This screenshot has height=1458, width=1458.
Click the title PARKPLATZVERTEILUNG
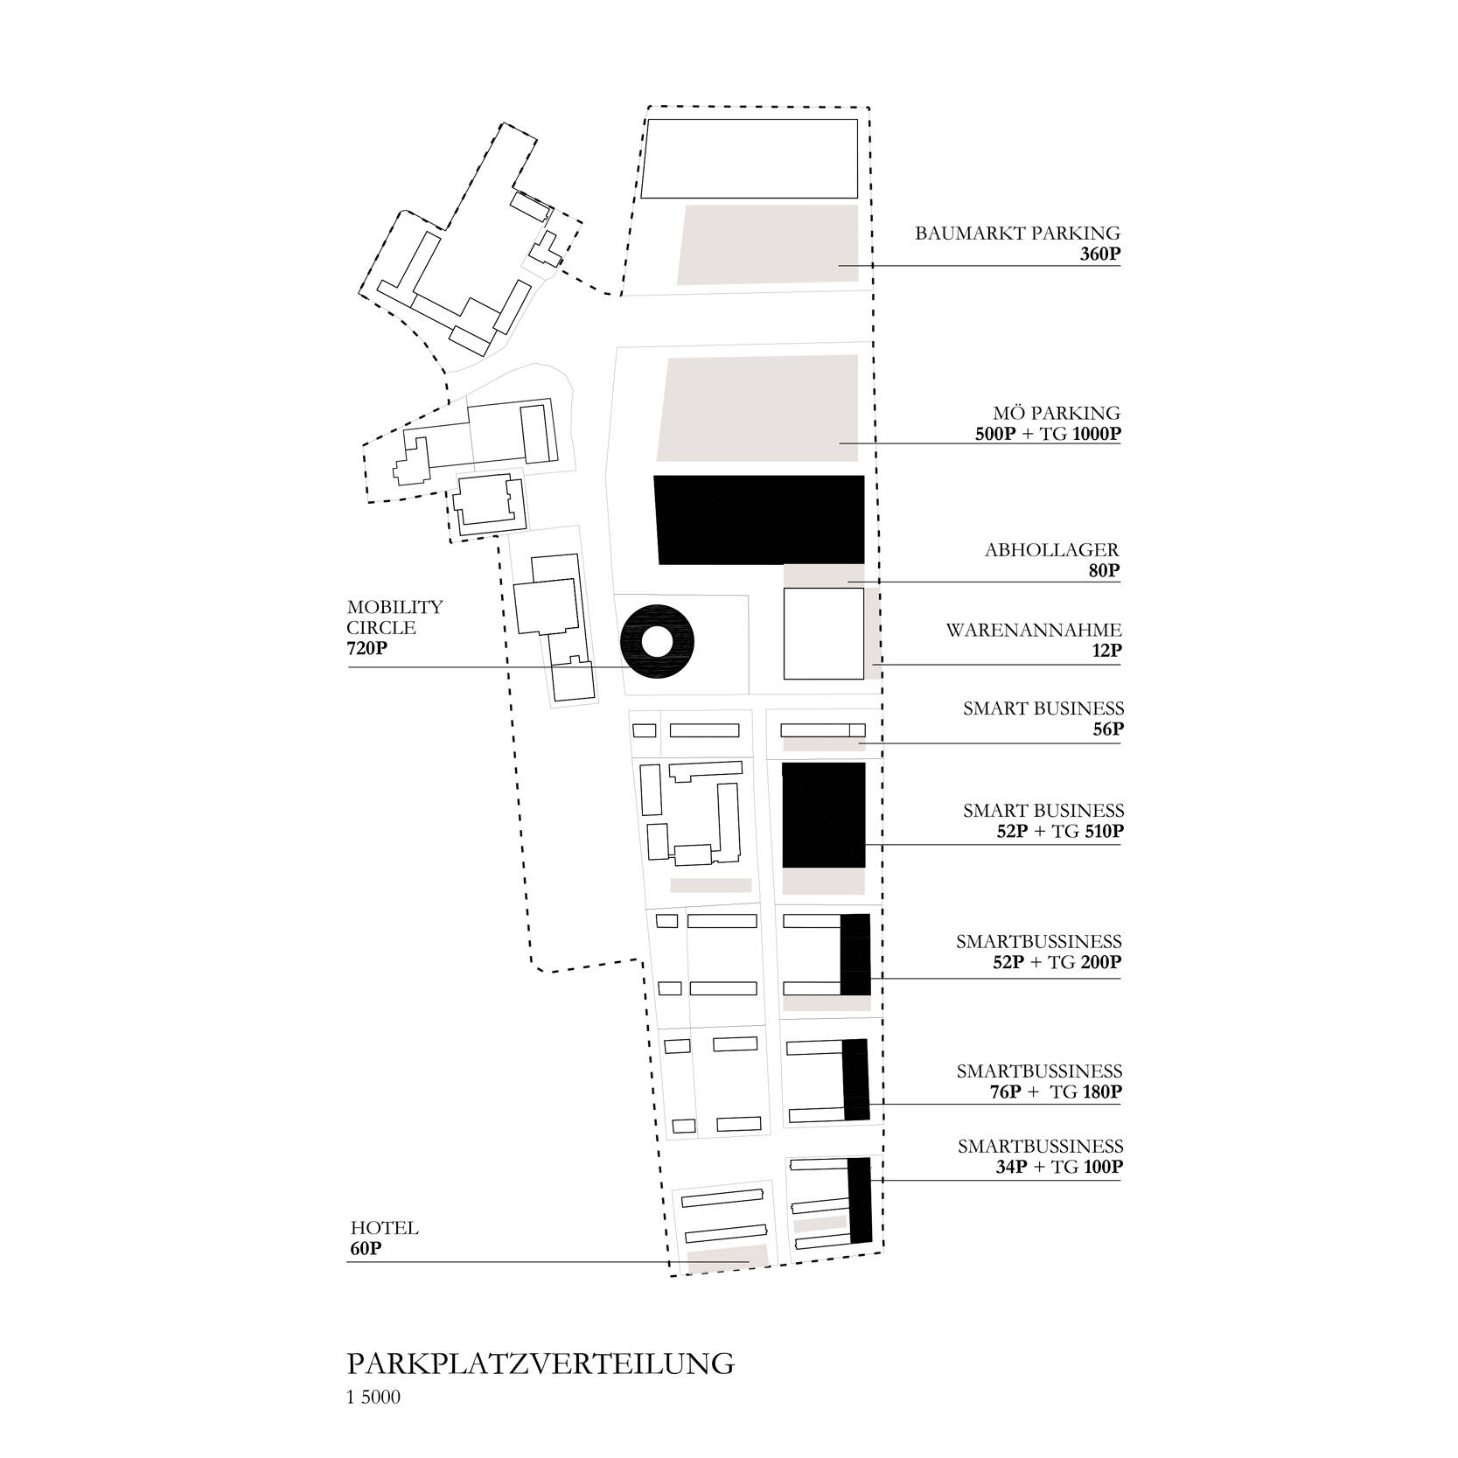tap(541, 1364)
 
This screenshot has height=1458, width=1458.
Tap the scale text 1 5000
tap(373, 1398)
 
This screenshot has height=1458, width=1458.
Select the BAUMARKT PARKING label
tap(1017, 234)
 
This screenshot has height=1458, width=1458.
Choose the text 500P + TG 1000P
tap(1048, 435)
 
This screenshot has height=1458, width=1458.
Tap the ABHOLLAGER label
tap(1051, 550)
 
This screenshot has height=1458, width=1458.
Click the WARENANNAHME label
tap(1033, 631)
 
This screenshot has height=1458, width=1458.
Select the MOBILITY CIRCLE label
tap(394, 617)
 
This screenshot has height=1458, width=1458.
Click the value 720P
tap(367, 649)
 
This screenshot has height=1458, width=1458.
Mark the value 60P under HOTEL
tap(365, 1249)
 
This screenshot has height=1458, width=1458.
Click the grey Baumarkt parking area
tap(768, 244)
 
